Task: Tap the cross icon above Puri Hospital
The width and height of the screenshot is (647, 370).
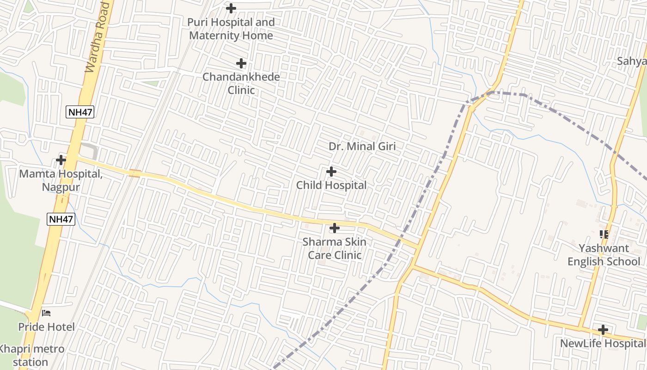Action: point(231,8)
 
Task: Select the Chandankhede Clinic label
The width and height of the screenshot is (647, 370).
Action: point(241,83)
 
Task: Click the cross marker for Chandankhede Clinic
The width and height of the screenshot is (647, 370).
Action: point(241,63)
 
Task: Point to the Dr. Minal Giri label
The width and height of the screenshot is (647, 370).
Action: point(362,147)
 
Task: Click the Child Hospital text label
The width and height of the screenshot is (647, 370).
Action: point(331,185)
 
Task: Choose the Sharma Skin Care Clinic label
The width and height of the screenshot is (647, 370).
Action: point(335,248)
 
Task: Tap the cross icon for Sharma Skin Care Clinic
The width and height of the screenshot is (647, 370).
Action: point(335,228)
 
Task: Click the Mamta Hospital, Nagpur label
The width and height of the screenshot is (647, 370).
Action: point(61,180)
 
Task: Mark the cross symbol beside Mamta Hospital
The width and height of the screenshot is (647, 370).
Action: point(61,160)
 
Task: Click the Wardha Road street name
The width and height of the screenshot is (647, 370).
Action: point(98,37)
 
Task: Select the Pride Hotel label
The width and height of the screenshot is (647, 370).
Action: point(46,327)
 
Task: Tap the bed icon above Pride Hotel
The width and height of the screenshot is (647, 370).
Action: point(46,313)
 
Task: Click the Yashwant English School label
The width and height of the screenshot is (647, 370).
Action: point(604,255)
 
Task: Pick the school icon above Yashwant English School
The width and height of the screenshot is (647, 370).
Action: point(604,234)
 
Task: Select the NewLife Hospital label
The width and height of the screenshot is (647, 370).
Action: point(603,344)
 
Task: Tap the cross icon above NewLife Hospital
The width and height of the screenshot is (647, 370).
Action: point(603,330)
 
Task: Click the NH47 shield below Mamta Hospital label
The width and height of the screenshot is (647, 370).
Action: point(61,219)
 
